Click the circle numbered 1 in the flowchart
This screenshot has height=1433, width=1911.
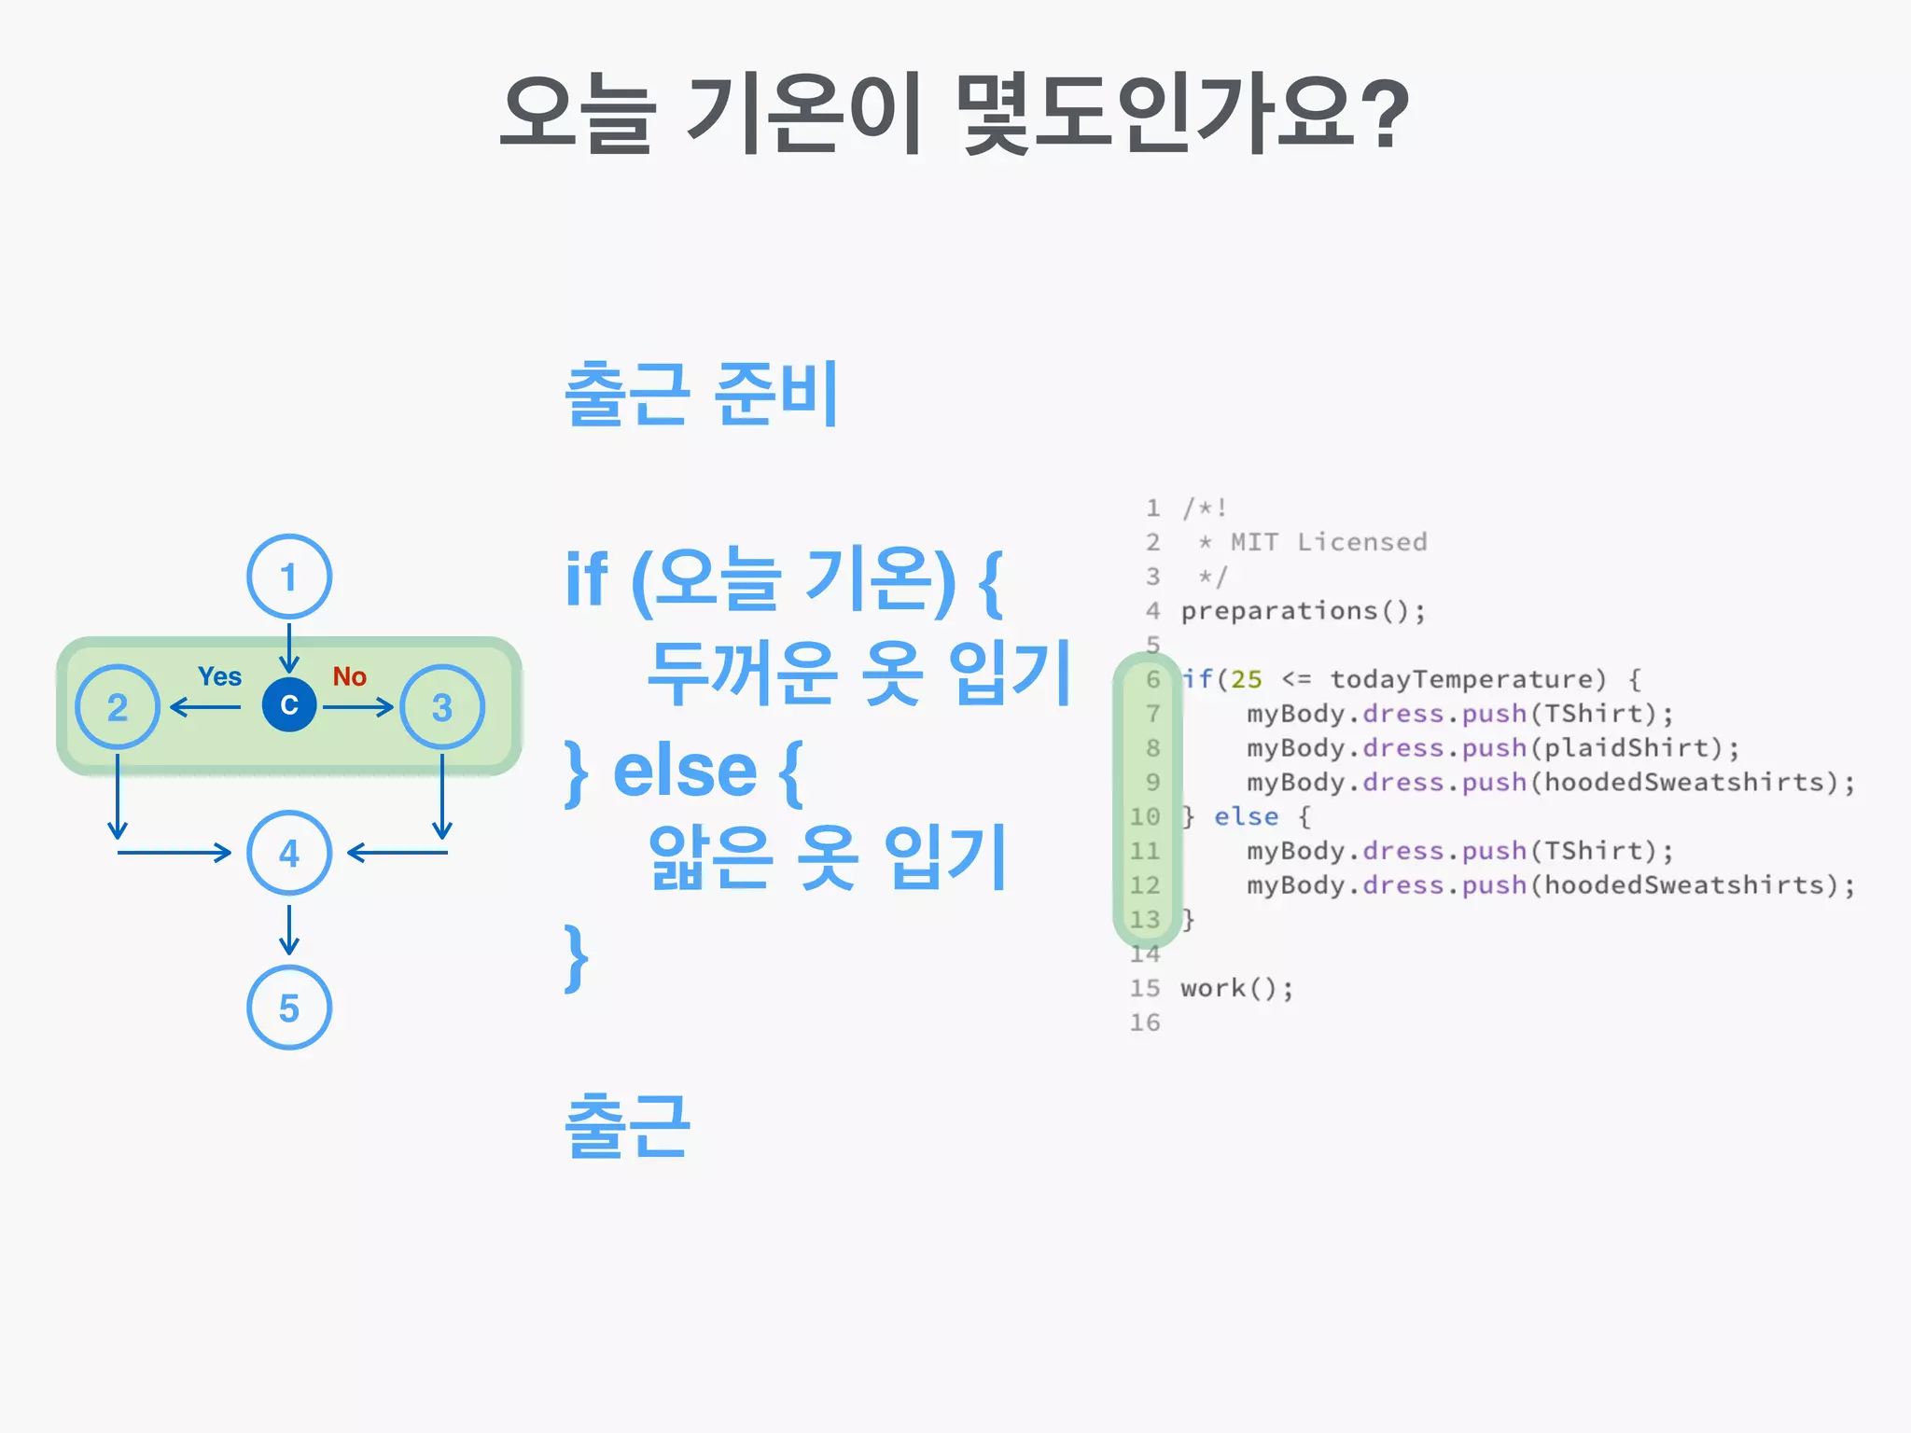pos(289,577)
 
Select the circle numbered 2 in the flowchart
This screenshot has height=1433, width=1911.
pos(118,707)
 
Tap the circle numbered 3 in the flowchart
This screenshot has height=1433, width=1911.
pos(442,707)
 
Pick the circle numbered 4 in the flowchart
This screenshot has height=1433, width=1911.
pos(289,853)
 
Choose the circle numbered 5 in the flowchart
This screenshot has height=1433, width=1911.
pos(289,1008)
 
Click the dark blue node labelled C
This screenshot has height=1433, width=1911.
pos(289,705)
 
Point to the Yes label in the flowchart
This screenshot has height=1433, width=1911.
pos(219,676)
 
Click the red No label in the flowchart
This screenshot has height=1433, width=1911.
pos(350,676)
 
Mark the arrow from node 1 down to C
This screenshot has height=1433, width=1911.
pos(289,646)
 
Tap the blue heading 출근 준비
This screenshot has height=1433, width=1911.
pos(702,394)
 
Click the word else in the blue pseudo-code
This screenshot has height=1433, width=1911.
pos(684,772)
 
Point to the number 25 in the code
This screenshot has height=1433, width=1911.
pos(1246,679)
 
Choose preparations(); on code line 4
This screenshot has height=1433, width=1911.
pos(1303,611)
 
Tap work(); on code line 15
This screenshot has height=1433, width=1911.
pos(1236,988)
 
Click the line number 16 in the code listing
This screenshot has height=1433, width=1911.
pos(1145,1023)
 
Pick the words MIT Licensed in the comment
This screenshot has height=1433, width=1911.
pos(1329,542)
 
